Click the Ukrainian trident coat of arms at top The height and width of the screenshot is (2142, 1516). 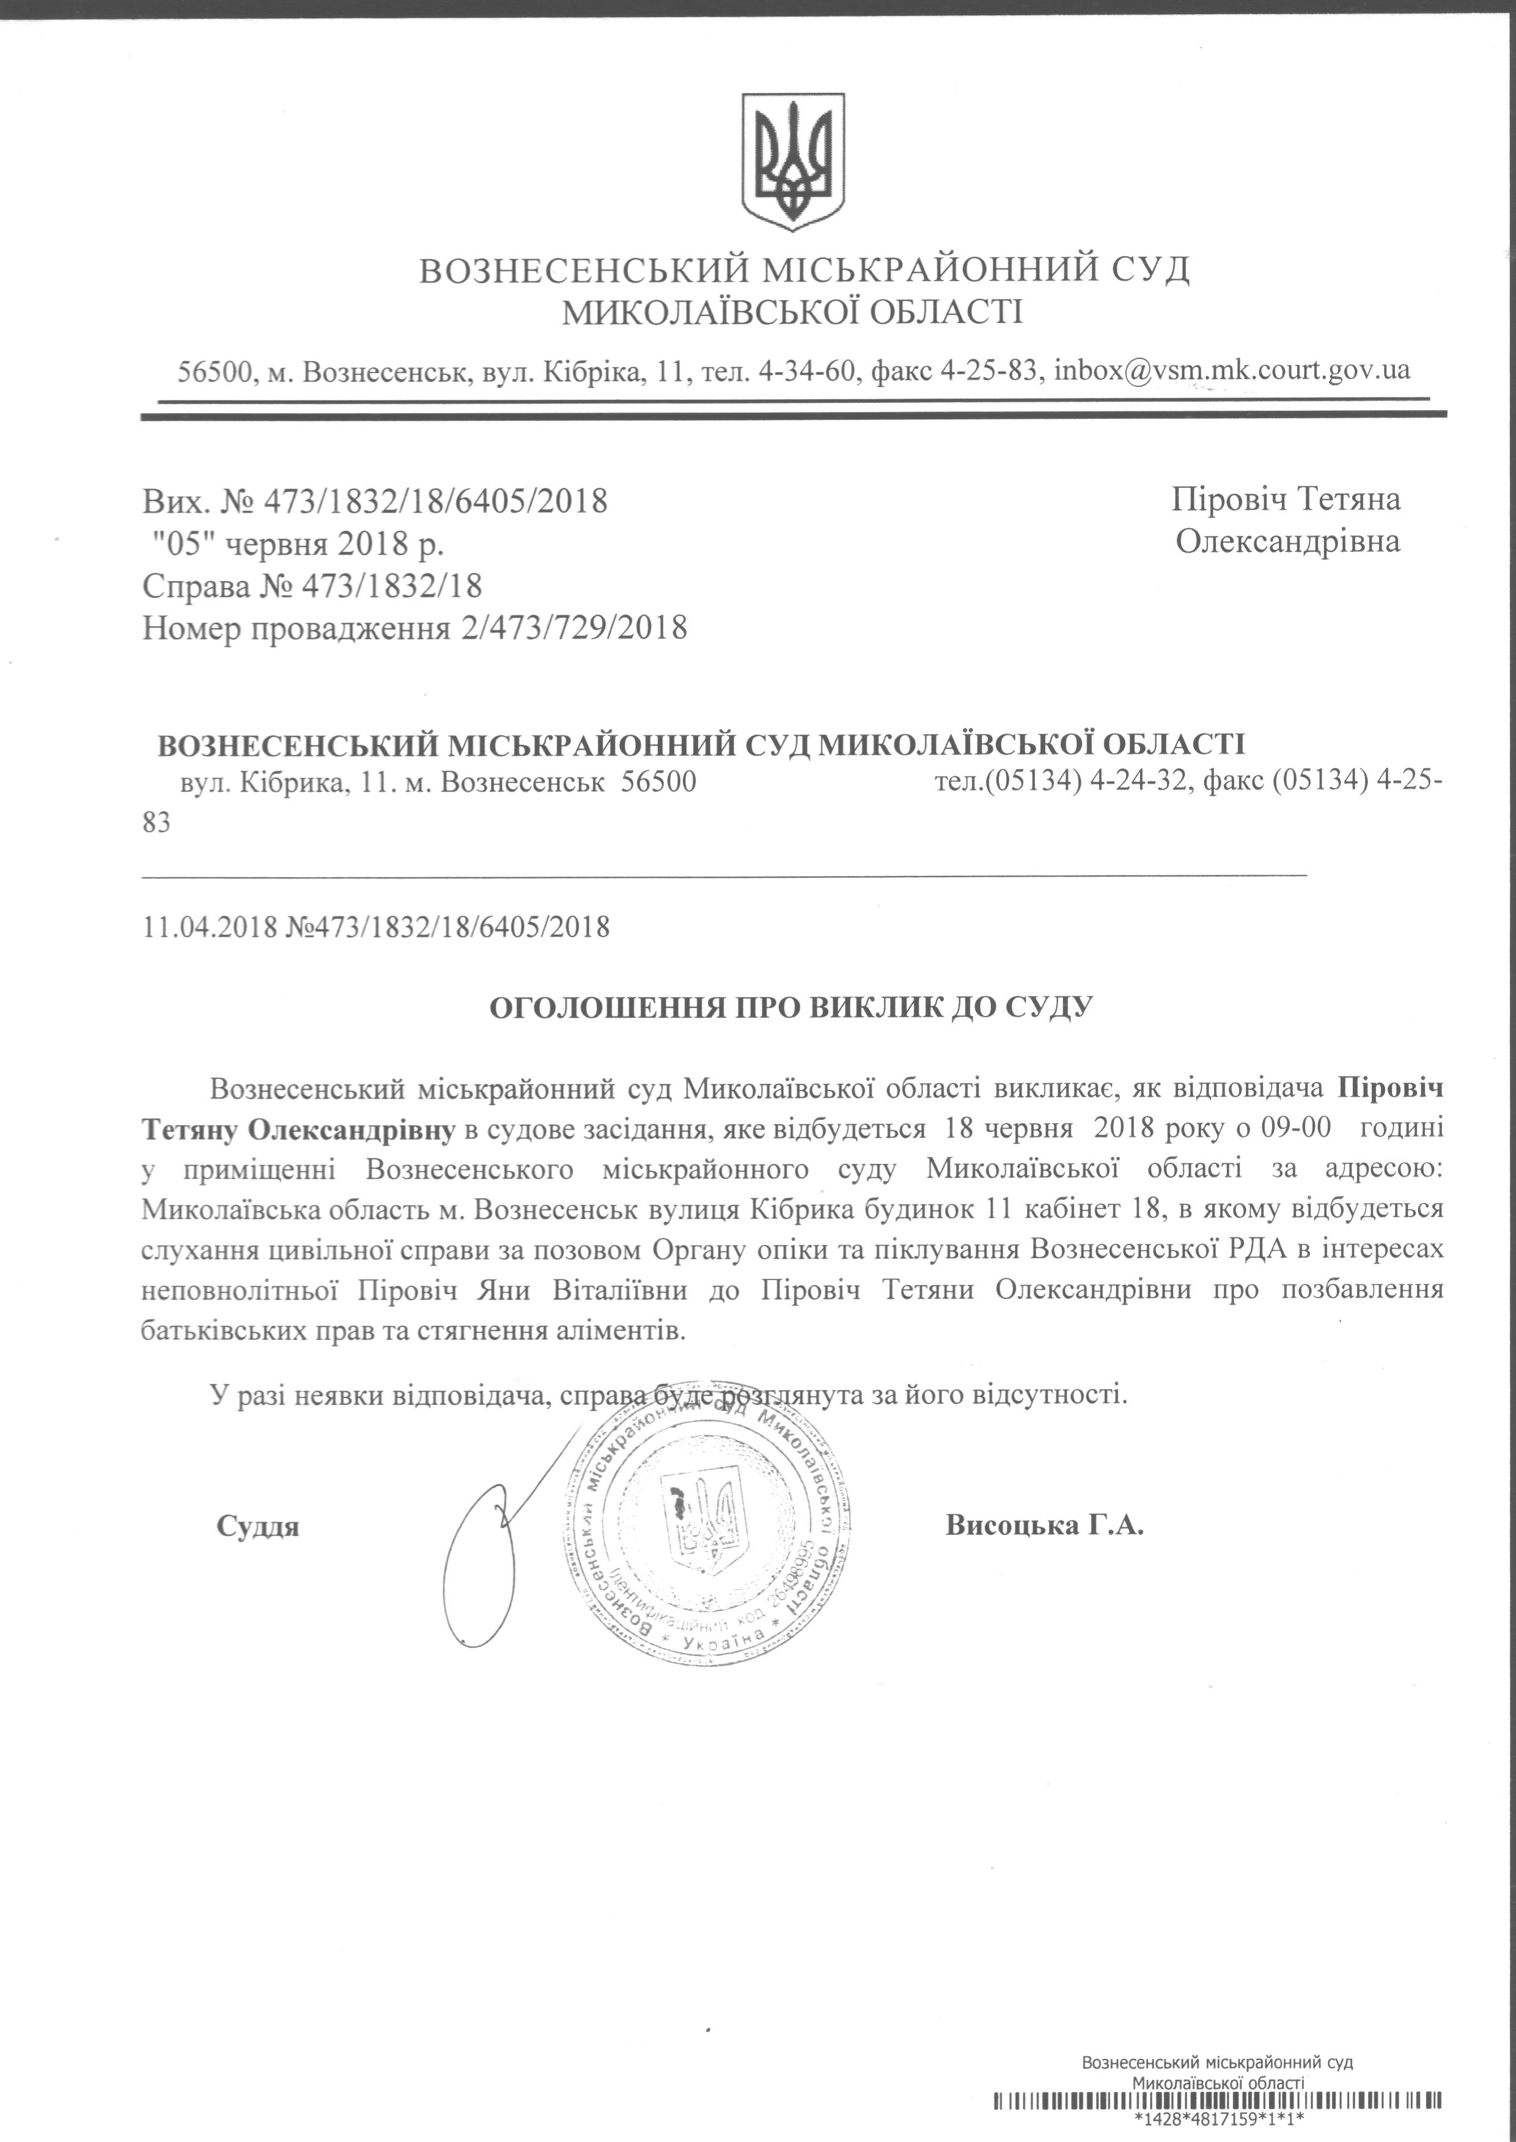tap(793, 161)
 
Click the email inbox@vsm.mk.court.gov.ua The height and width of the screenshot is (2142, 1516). tap(1231, 370)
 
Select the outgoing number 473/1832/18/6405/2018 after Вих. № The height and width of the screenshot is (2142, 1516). tap(436, 501)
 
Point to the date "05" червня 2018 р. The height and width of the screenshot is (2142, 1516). tap(298, 543)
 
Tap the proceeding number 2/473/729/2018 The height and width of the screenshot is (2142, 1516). tap(573, 627)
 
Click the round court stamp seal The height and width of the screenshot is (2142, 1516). tap(708, 1529)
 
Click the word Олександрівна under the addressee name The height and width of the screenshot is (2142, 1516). tap(1287, 542)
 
